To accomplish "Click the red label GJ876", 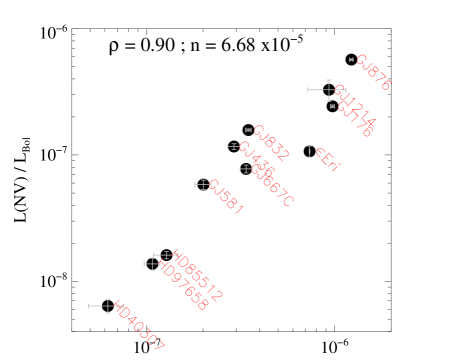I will coord(373,72).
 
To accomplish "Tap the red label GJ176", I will coord(355,119).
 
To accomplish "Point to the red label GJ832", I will coord(270,143).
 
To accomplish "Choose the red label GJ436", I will coord(255,158).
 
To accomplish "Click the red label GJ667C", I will coord(272,186).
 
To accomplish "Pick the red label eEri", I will coord(328,160).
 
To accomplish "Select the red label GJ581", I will coord(226,197).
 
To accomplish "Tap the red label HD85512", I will coord(198,277).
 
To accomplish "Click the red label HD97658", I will coord(184,287).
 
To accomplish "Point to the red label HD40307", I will coord(138,327).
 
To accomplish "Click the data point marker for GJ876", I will coord(351,60).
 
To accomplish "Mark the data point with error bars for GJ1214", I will coord(328,90).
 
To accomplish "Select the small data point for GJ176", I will coord(332,106).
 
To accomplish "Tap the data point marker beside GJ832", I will coord(248,130).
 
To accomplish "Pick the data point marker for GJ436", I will coord(234,147).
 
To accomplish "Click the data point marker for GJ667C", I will coord(245,169).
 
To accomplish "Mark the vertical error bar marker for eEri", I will coord(309,152).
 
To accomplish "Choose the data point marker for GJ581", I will coord(204,185).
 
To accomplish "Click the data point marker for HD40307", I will coord(107,306).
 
